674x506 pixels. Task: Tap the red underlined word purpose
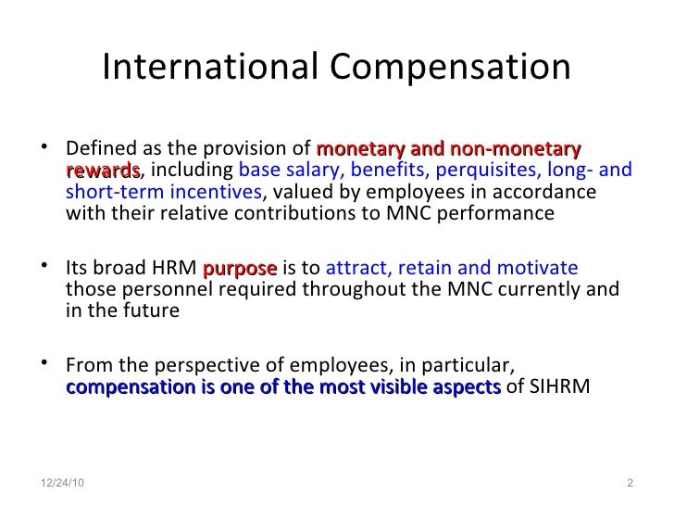tap(239, 270)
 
